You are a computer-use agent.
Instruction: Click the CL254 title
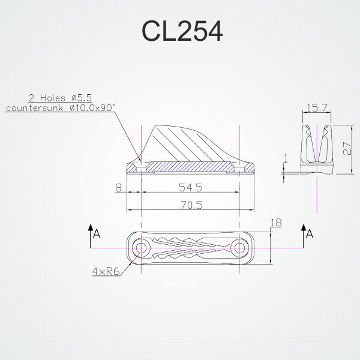coord(182,31)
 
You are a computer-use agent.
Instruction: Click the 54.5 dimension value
coord(190,188)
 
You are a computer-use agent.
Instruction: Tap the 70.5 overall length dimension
coord(191,205)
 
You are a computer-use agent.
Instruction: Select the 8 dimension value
coord(118,188)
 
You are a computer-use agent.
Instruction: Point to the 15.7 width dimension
coord(316,107)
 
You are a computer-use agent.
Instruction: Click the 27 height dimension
coord(347,149)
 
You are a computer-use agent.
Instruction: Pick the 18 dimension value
coord(276,223)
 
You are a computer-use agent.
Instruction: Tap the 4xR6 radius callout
coord(106,271)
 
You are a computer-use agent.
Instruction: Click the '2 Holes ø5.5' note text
coord(60,98)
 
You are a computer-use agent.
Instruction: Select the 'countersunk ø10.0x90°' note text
coord(61,107)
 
